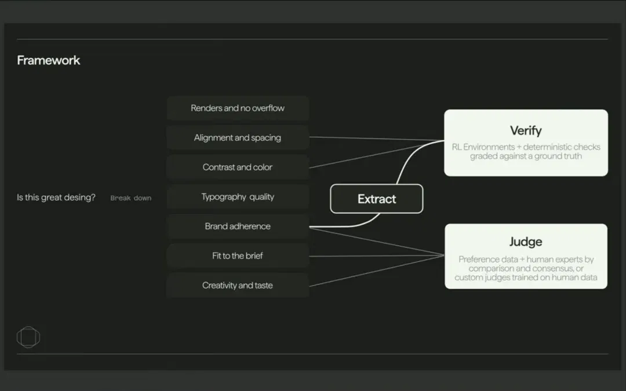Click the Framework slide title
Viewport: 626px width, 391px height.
(x=48, y=60)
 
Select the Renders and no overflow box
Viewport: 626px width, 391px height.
(x=238, y=108)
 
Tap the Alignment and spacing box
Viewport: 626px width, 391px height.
(x=238, y=138)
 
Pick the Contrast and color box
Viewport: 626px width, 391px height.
(x=238, y=167)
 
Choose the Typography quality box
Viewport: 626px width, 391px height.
(x=238, y=197)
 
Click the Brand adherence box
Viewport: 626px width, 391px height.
(x=238, y=226)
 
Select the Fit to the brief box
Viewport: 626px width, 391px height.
(x=238, y=256)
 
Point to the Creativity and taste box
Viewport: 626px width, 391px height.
(x=238, y=285)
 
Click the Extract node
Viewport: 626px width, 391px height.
(x=377, y=199)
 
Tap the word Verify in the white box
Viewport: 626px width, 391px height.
(x=526, y=130)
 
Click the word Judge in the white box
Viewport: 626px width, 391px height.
(x=526, y=242)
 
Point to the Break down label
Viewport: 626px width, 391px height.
(x=131, y=198)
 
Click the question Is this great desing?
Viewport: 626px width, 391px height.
(x=56, y=197)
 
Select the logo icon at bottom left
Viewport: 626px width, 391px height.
(x=28, y=337)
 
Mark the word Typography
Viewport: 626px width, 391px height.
(x=224, y=197)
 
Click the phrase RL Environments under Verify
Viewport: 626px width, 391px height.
(x=483, y=147)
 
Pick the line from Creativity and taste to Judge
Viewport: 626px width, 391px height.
(x=377, y=271)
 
